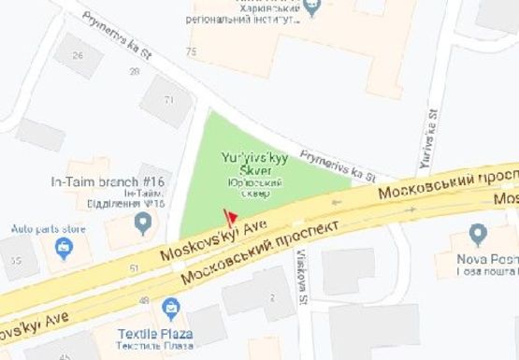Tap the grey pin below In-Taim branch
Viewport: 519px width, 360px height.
[143, 223]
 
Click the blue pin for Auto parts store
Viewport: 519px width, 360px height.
[64, 248]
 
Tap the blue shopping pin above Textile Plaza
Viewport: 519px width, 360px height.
[170, 307]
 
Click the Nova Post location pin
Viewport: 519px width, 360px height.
[478, 233]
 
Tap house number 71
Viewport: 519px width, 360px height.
[170, 99]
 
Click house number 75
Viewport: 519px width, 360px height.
[193, 50]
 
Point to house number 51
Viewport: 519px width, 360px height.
[135, 268]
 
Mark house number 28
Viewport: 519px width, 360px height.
[135, 72]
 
